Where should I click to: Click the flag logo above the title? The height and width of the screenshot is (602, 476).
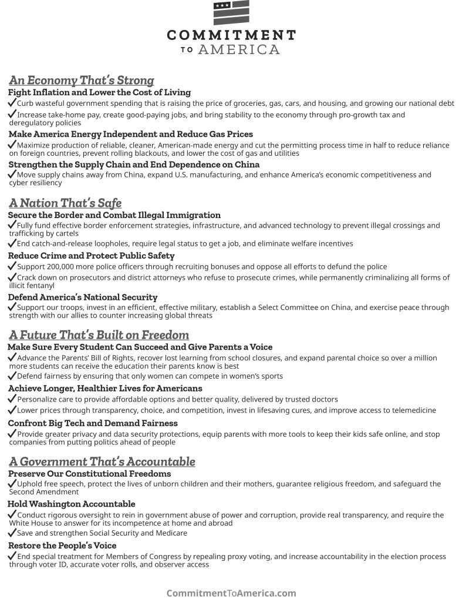(231, 13)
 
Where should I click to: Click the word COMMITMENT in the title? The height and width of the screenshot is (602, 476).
(231, 35)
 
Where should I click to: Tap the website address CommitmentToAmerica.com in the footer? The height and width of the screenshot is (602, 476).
(231, 593)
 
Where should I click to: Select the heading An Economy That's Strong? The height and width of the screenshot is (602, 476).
(82, 81)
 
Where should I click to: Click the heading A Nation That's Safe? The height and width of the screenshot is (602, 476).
(65, 203)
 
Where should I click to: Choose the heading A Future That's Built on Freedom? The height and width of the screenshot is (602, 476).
(99, 335)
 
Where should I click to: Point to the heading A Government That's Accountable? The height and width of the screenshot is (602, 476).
(102, 461)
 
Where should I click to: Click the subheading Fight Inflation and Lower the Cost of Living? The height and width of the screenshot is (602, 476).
(99, 92)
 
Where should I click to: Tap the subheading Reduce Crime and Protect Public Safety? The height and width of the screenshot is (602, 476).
(91, 256)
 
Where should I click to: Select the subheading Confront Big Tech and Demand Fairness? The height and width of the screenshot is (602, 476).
(93, 423)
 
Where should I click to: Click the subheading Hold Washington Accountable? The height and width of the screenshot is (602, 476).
(71, 504)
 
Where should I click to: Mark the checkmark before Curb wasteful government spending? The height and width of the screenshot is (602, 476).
(12, 103)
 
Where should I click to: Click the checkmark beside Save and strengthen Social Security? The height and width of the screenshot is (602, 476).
(12, 533)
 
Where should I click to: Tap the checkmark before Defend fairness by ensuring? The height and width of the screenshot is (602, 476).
(12, 376)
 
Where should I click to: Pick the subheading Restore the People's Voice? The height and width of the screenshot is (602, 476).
(62, 546)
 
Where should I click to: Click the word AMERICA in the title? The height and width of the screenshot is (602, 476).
(239, 50)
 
